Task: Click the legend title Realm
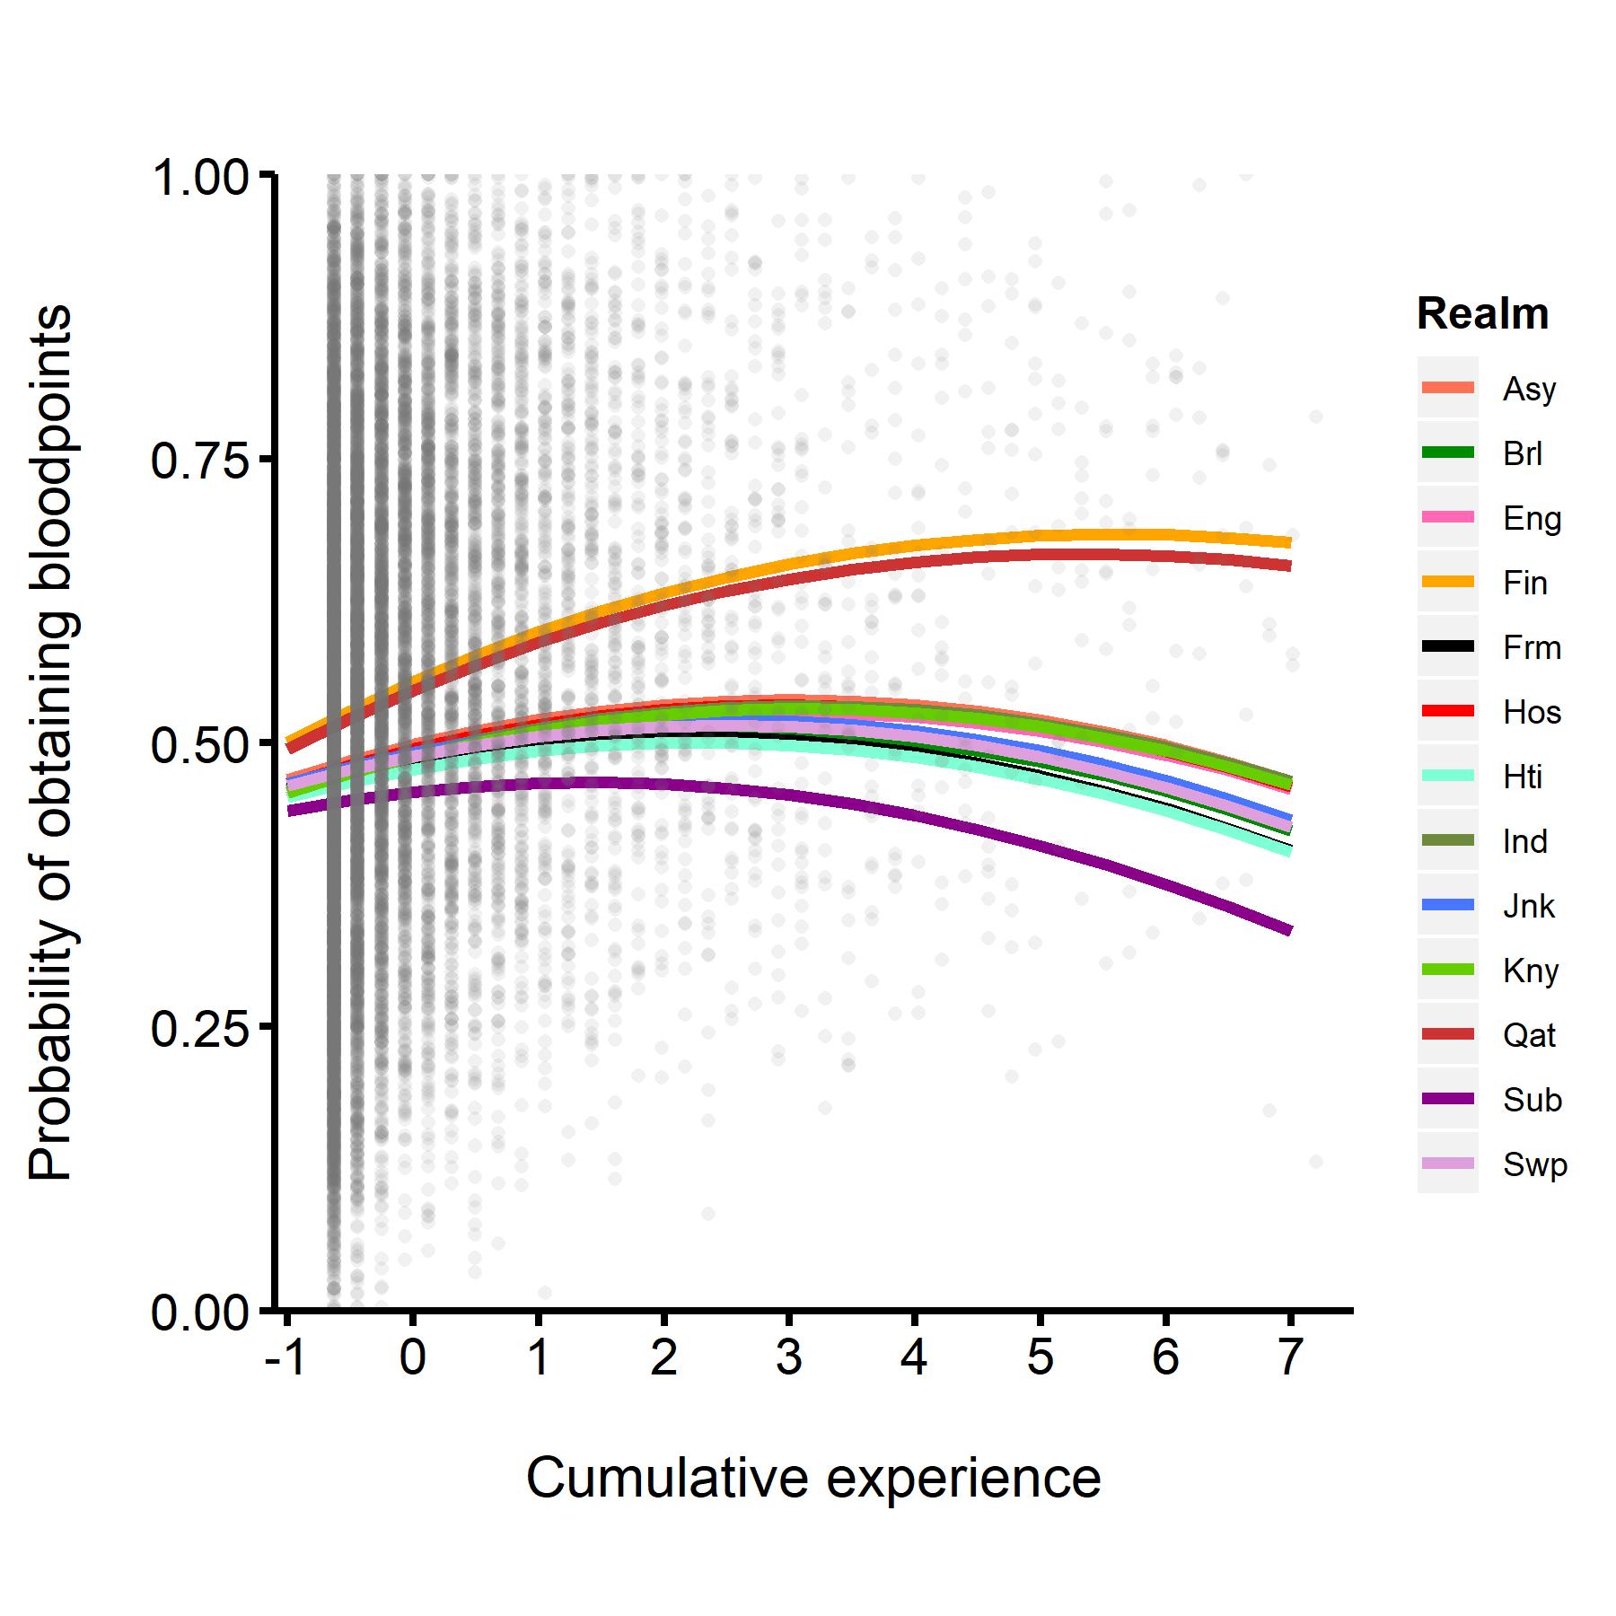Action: (x=1482, y=314)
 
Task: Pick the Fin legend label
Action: (x=1524, y=583)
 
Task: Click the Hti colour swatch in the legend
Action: (x=1447, y=776)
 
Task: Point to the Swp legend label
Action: (x=1534, y=1164)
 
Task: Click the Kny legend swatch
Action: (x=1447, y=970)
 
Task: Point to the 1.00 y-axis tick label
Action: (x=198, y=178)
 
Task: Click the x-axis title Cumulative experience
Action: (x=812, y=1478)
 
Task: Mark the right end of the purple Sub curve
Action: (x=1289, y=930)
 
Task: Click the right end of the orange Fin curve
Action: (x=1289, y=542)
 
